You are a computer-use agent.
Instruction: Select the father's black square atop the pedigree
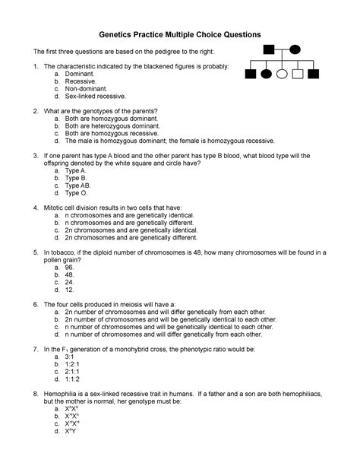click(268, 50)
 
